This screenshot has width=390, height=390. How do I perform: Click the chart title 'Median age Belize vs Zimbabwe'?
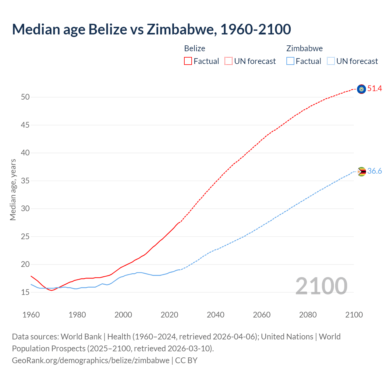coord(151,29)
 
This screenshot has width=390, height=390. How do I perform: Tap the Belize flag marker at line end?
coord(361,89)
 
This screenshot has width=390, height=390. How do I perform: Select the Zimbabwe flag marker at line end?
coord(361,172)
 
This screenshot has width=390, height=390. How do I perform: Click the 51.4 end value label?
coord(374,89)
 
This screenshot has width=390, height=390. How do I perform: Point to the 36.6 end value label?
coord(374,171)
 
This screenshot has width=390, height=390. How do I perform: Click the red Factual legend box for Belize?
coord(188,61)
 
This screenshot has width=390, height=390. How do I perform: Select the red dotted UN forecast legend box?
coord(229,61)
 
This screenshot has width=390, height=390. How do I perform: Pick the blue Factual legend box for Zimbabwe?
coord(290,61)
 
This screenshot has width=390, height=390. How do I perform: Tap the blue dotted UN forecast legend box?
coord(331,61)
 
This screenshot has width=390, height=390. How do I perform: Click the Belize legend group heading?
coord(195,48)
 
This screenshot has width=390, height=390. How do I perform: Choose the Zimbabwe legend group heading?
coord(304,48)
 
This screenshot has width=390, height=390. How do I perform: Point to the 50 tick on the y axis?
coord(25,97)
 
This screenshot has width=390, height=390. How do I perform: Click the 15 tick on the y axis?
coord(25,292)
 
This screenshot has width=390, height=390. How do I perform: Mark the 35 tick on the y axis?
coord(25,181)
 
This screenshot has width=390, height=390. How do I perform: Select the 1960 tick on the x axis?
coord(31,315)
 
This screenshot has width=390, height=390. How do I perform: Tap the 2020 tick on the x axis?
coord(169,315)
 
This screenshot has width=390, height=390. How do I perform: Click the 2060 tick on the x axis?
coord(262,315)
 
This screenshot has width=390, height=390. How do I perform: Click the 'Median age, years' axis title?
coord(13,190)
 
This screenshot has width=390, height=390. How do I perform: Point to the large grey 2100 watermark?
coord(321,286)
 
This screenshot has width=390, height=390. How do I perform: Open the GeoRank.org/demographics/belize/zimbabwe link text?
coord(90,360)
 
